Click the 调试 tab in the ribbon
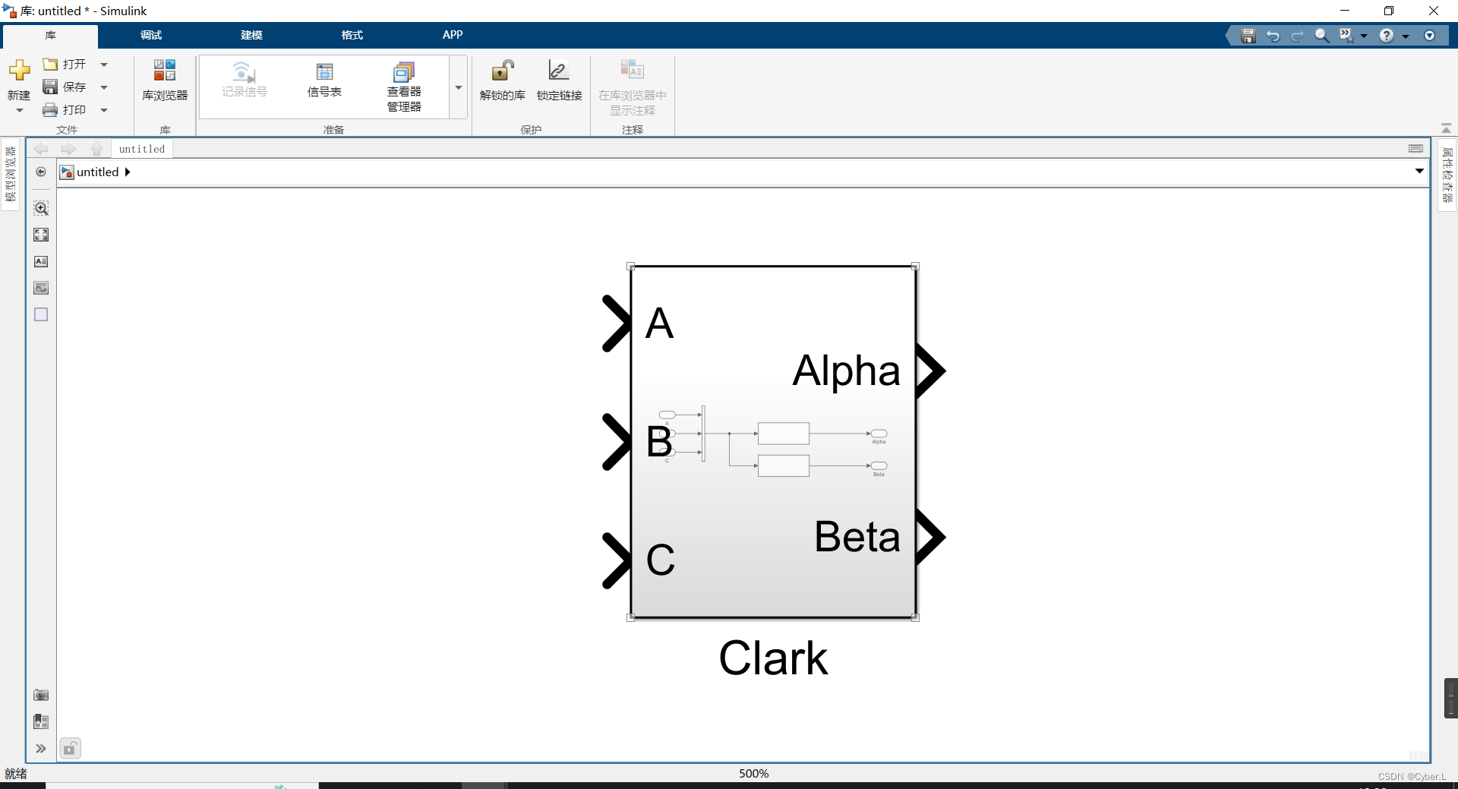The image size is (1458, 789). pyautogui.click(x=150, y=35)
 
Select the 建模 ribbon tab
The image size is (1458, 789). pyautogui.click(x=251, y=35)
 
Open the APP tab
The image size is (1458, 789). pyautogui.click(x=453, y=35)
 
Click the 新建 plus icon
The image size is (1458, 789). pyautogui.click(x=19, y=71)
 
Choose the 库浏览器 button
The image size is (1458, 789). pyautogui.click(x=165, y=80)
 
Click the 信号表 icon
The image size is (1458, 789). pyautogui.click(x=324, y=73)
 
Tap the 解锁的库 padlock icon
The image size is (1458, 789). pyautogui.click(x=502, y=71)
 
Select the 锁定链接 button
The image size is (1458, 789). pyautogui.click(x=559, y=71)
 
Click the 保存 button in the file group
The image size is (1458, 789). pyautogui.click(x=65, y=87)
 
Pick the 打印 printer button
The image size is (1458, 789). pyautogui.click(x=65, y=110)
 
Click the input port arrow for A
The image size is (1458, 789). pyautogui.click(x=616, y=323)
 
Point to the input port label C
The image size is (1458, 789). pyautogui.click(x=660, y=560)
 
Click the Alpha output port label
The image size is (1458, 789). pyautogui.click(x=846, y=371)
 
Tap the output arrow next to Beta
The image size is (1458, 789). pyautogui.click(x=929, y=537)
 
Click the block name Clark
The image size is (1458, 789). pyautogui.click(x=772, y=658)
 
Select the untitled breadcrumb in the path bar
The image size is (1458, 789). pyautogui.click(x=97, y=172)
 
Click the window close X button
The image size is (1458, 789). pyautogui.click(x=1433, y=11)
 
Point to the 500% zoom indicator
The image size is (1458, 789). pyautogui.click(x=753, y=773)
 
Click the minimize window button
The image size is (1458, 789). pyautogui.click(x=1345, y=11)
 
